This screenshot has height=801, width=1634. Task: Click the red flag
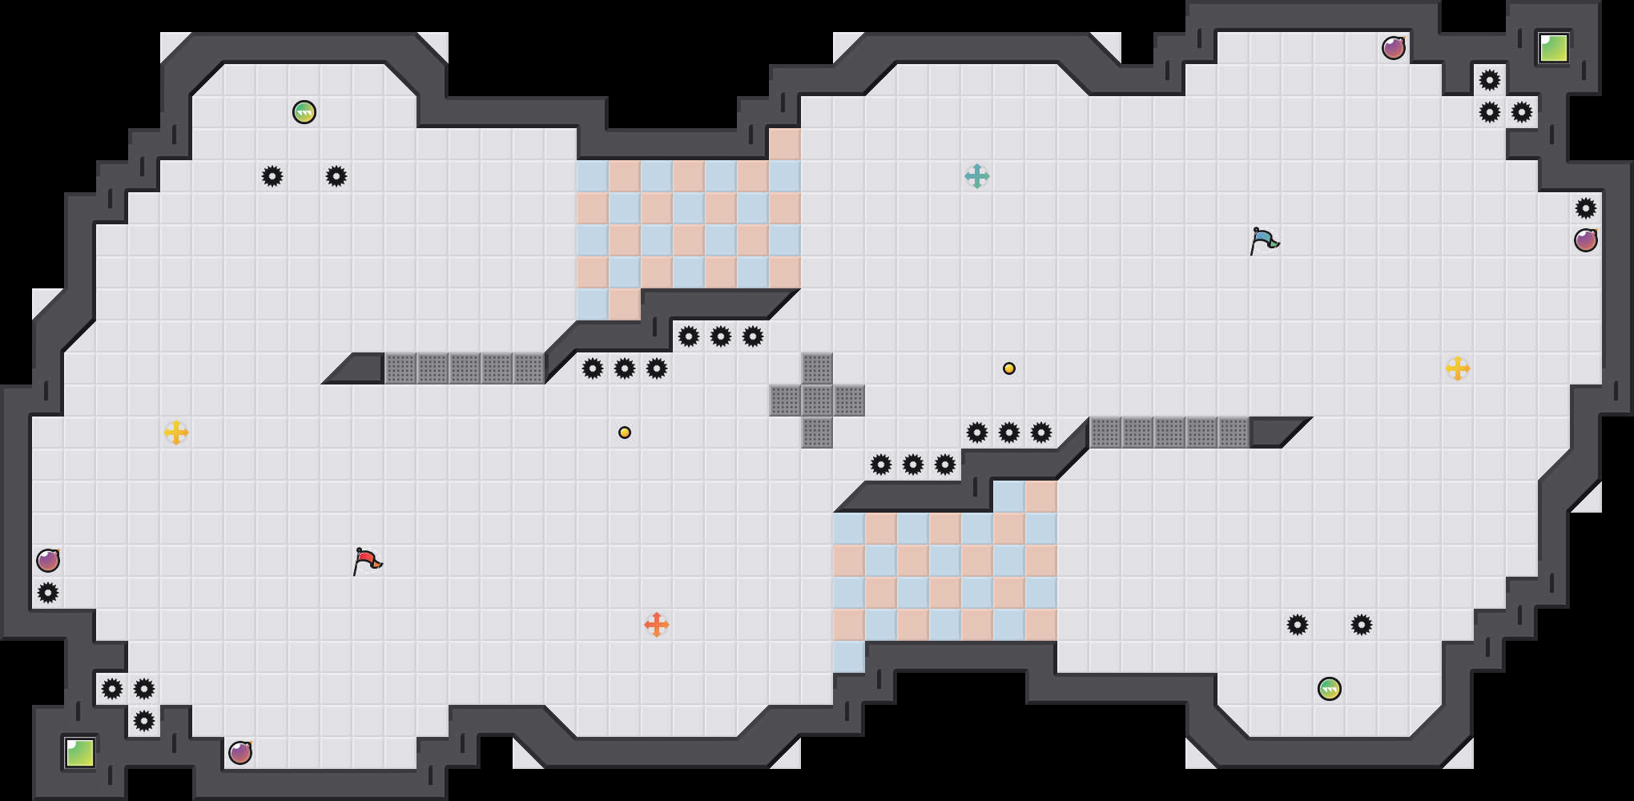point(367,561)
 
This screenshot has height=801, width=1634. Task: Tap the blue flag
point(1264,240)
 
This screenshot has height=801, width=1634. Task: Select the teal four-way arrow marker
point(977,176)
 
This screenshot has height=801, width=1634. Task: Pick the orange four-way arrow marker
point(657,625)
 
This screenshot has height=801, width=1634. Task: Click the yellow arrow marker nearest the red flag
point(176,433)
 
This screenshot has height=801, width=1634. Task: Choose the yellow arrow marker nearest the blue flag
point(1458,368)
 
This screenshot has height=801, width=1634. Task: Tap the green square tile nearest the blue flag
point(1554,48)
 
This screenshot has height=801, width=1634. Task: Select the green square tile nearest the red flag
point(80,753)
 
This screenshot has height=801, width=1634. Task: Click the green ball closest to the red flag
point(304,112)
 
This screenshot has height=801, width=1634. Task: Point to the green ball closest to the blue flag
point(1330,689)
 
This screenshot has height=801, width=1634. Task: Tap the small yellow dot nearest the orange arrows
point(625,433)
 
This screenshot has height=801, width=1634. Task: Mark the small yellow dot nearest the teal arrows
point(1009,368)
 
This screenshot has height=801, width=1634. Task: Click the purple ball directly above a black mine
point(48,561)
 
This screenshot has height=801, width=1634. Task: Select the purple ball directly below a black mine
point(1586,240)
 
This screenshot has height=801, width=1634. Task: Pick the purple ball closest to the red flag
point(240,753)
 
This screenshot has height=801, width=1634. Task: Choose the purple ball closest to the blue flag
point(1394,48)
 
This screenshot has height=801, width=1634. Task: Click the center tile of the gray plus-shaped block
point(817,400)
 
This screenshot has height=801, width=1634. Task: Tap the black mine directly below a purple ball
point(48,593)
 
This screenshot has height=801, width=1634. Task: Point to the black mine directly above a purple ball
point(1586,208)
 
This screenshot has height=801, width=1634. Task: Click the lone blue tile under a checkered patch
point(849,657)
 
